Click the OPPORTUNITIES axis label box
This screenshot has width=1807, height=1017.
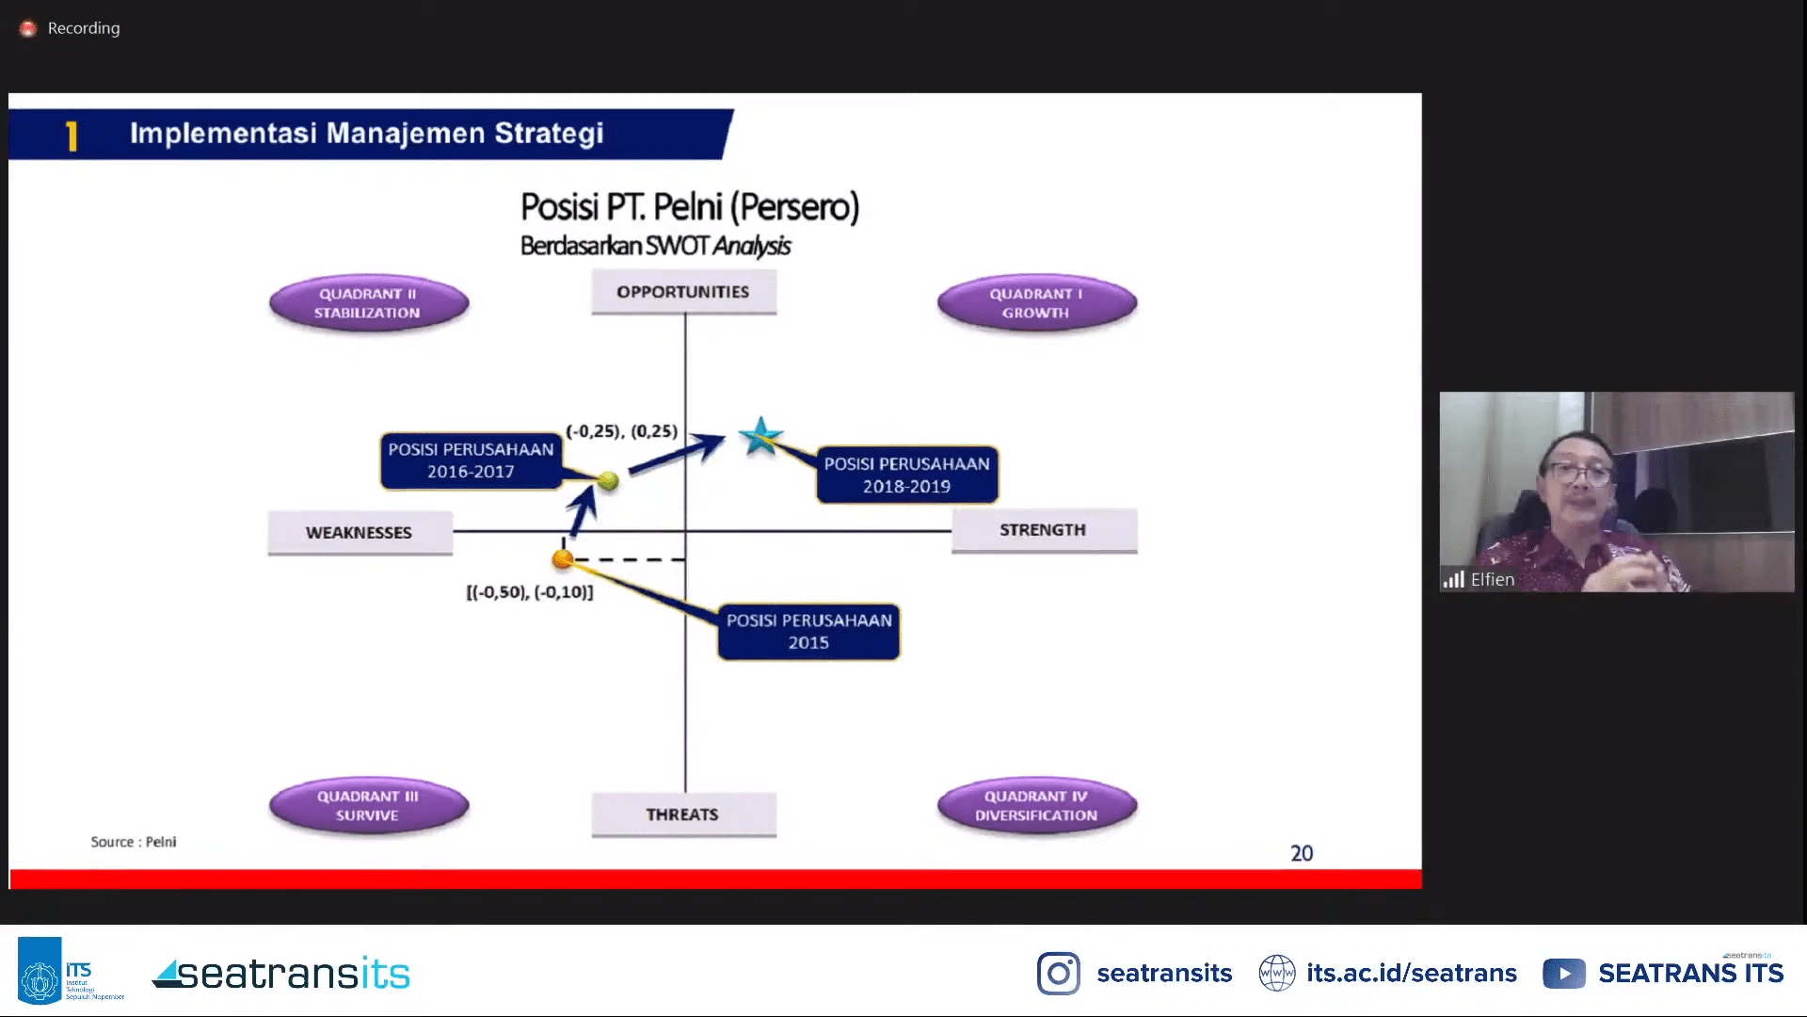point(683,292)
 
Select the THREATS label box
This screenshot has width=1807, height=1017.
point(683,815)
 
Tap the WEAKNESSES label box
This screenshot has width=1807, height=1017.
point(360,533)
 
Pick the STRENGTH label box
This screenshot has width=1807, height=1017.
point(1044,530)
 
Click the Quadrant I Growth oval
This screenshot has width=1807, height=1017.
point(1036,303)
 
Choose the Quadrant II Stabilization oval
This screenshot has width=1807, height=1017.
point(368,303)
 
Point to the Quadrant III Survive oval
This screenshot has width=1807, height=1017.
point(368,806)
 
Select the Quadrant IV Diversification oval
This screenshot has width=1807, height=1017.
point(1036,806)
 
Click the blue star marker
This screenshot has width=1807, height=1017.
point(760,436)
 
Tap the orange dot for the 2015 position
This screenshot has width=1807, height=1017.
point(563,559)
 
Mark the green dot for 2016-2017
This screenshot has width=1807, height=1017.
point(608,481)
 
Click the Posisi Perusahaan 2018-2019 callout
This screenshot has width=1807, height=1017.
point(906,475)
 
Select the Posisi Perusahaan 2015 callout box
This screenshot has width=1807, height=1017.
point(808,632)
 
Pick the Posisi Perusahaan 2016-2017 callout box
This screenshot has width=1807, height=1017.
point(471,460)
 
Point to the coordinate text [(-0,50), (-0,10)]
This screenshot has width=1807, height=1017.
point(530,592)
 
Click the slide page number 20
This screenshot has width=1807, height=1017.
point(1302,853)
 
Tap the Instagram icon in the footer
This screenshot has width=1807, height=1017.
point(1059,974)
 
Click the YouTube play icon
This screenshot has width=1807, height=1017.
point(1564,974)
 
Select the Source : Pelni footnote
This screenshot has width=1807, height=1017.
point(134,842)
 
